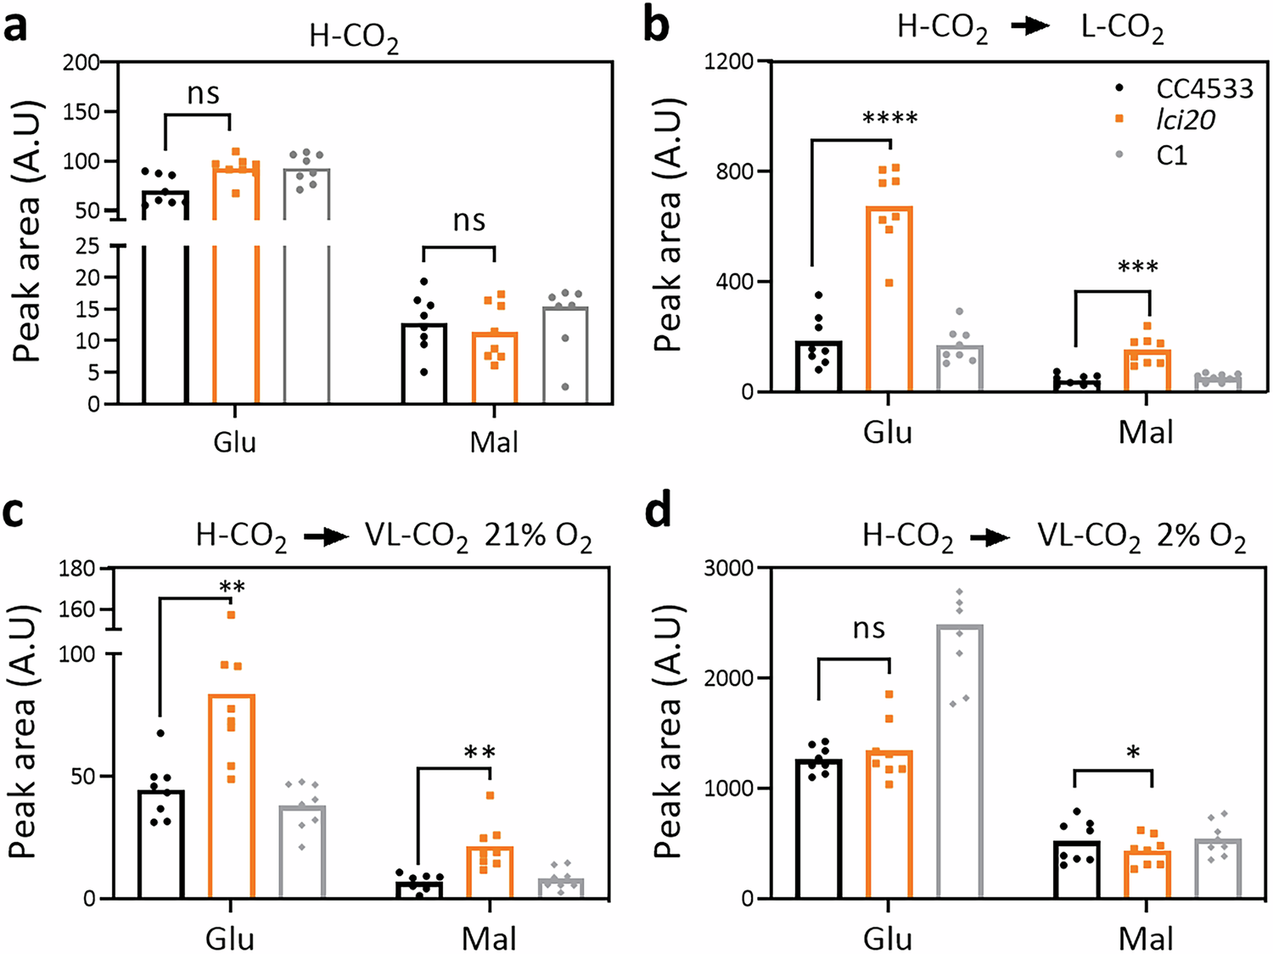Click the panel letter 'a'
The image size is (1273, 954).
17,25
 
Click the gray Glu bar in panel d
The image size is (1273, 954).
960,761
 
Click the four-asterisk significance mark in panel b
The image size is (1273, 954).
889,119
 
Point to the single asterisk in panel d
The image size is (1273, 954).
1133,753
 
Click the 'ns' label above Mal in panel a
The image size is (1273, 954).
468,222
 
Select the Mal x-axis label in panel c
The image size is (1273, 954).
490,939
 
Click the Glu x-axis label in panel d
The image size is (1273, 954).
888,939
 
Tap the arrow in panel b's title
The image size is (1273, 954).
1031,27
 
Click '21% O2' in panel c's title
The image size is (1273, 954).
538,536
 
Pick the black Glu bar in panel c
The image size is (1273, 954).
160,844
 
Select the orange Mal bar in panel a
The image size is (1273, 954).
495,368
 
